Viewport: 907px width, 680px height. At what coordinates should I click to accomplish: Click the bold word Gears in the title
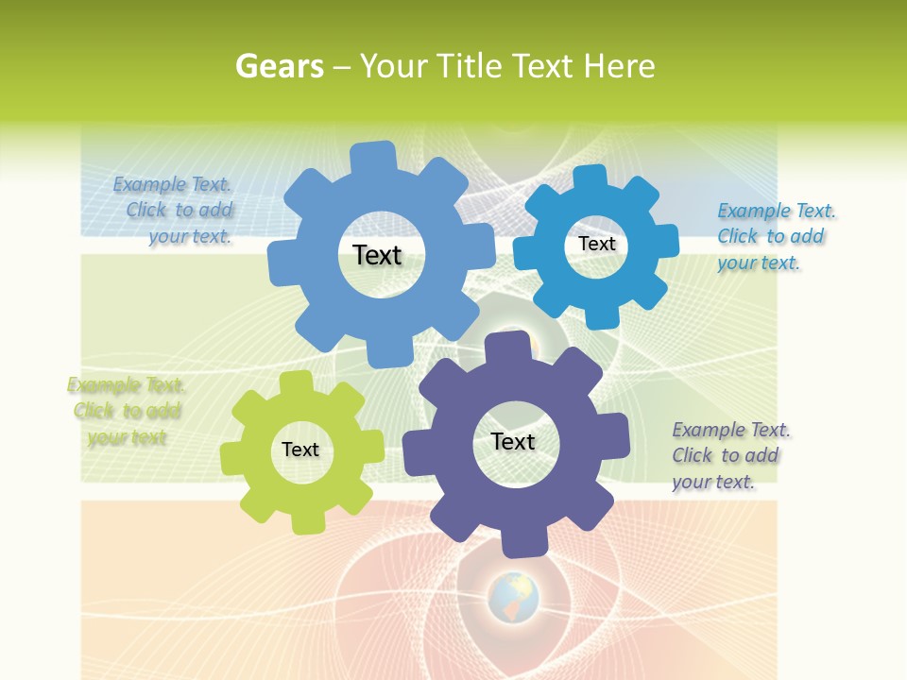click(x=279, y=66)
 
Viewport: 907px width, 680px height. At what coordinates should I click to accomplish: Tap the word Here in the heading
click(x=619, y=66)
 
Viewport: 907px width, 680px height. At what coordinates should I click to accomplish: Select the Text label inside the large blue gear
click(x=377, y=255)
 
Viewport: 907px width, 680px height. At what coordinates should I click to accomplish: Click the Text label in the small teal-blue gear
click(x=596, y=244)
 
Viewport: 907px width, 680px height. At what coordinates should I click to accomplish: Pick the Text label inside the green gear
click(x=300, y=450)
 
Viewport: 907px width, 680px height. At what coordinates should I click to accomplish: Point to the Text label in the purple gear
click(x=513, y=441)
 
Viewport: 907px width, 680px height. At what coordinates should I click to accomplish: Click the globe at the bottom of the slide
click(x=513, y=598)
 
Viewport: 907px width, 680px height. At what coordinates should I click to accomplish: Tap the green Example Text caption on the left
click(x=126, y=411)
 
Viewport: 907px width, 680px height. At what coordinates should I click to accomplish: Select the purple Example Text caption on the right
click(x=729, y=455)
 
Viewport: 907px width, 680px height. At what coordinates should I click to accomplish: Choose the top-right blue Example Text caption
click(x=775, y=236)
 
